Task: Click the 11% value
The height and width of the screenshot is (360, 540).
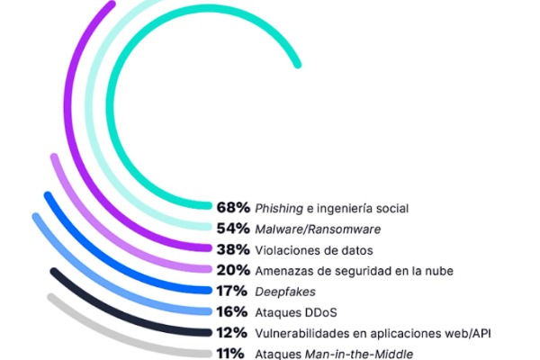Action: (230, 353)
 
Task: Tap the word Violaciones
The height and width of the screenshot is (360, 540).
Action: (289, 249)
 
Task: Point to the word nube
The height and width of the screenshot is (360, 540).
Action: (436, 270)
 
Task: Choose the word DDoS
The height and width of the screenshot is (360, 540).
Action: (322, 311)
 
